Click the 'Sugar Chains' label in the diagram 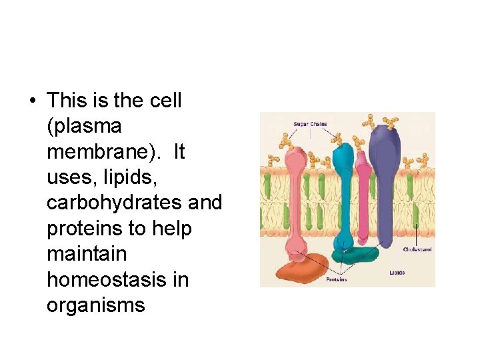(310, 124)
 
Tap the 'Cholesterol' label (417, 249)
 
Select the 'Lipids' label (397, 273)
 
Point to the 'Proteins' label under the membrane (336, 279)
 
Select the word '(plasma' (84, 126)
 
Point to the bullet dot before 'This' (31, 101)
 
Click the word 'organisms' (96, 305)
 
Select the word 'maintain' (82, 254)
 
